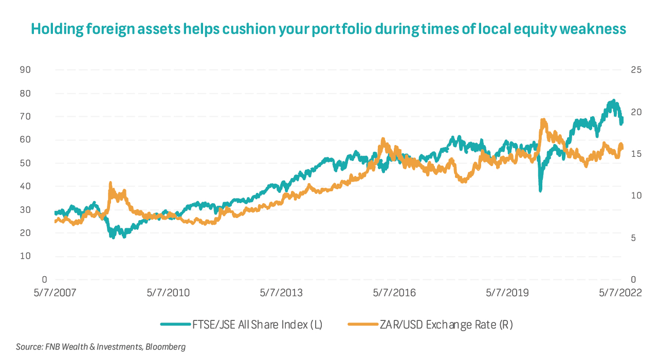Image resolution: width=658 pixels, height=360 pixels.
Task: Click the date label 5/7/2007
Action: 54,293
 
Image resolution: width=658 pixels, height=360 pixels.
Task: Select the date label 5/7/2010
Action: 168,293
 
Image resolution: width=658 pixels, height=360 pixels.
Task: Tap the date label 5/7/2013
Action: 281,293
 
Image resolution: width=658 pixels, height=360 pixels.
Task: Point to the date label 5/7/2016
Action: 394,293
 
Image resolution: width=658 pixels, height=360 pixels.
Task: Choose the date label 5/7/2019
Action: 507,293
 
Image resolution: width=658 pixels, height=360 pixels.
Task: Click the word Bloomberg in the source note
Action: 166,347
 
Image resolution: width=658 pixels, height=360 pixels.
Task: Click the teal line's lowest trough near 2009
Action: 112,237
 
